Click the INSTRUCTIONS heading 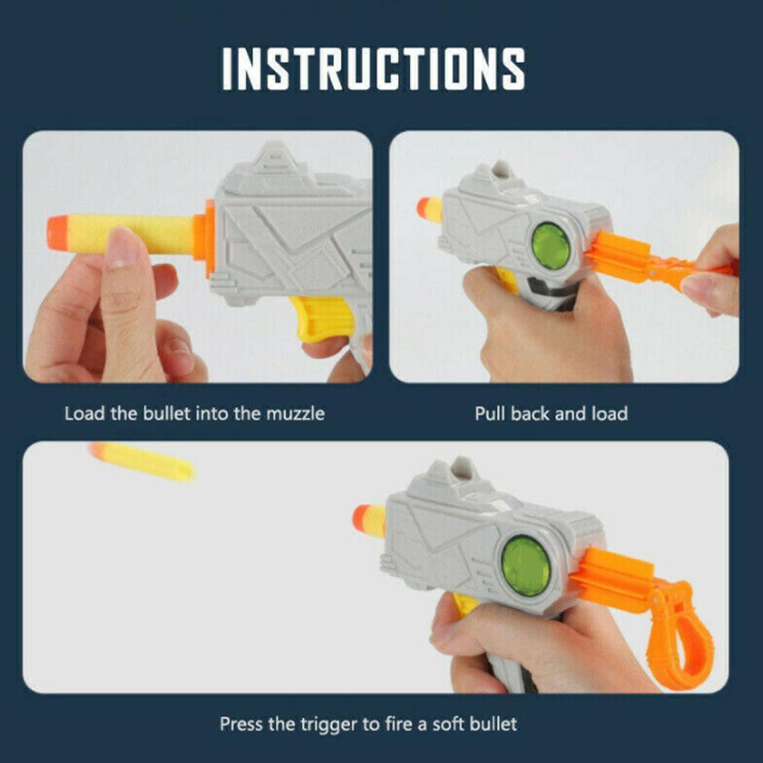point(373,69)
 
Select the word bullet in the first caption point(166,414)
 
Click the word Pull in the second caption point(490,414)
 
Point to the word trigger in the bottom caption point(329,725)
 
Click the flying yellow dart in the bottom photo point(142,461)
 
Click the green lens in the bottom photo point(526,566)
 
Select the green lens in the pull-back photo point(551,246)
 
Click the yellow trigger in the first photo point(321,318)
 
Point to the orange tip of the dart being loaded point(57,233)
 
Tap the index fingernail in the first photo point(122,248)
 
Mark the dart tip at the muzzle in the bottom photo point(361,519)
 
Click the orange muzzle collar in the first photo point(204,239)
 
